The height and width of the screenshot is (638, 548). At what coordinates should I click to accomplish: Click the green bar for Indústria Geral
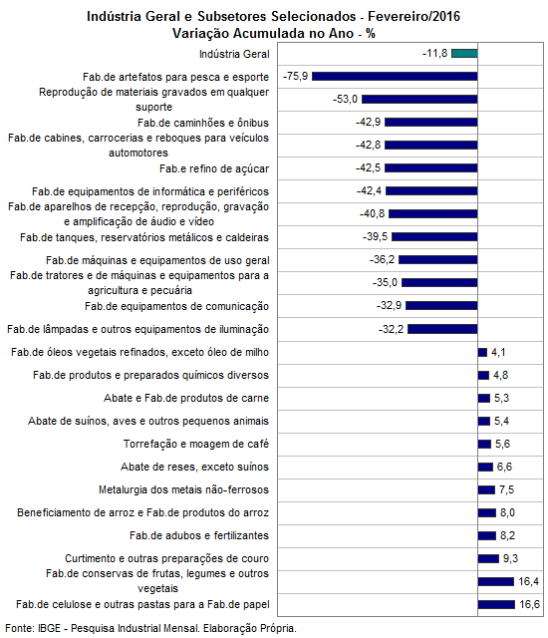click(x=464, y=53)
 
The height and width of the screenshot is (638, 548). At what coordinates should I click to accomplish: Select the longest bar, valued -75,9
click(x=395, y=76)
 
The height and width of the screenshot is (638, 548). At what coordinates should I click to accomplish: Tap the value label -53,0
click(x=345, y=99)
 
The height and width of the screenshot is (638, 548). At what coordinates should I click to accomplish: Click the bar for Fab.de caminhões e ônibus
click(x=430, y=122)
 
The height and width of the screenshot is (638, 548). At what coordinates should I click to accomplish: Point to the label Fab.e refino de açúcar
click(x=214, y=168)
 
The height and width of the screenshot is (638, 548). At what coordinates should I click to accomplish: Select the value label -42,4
click(x=369, y=190)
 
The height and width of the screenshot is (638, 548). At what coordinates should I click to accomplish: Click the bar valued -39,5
click(x=434, y=236)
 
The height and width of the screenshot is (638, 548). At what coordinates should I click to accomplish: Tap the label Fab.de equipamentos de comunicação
click(x=176, y=306)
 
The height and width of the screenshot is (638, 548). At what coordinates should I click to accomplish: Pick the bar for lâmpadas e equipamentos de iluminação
click(x=442, y=329)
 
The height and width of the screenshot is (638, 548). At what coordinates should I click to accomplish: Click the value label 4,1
click(x=498, y=352)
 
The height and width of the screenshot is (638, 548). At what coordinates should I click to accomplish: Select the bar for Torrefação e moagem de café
click(x=484, y=444)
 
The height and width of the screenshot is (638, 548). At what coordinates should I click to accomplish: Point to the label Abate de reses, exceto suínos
click(x=194, y=467)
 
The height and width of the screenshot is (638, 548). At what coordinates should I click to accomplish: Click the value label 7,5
click(x=506, y=489)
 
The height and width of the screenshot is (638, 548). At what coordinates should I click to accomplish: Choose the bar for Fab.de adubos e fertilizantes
click(x=487, y=535)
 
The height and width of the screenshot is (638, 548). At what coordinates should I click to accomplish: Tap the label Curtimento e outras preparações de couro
click(x=166, y=558)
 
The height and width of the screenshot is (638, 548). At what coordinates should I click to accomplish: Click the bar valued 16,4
click(x=496, y=581)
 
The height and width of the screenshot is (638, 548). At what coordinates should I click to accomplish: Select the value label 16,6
click(x=529, y=604)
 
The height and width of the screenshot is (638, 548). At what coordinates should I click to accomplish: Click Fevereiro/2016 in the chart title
click(x=413, y=16)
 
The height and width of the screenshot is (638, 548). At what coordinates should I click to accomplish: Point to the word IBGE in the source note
click(x=49, y=628)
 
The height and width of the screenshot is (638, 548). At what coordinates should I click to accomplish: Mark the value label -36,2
click(x=383, y=259)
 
